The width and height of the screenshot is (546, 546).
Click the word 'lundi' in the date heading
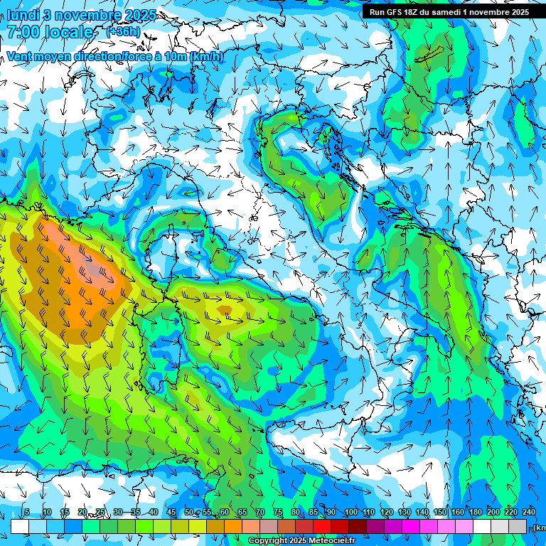coord(23,14)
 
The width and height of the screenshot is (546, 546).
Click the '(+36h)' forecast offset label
coord(122,32)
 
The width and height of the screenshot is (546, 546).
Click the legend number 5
coord(27,513)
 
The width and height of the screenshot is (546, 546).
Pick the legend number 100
coord(351,513)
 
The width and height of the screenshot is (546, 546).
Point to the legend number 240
coord(528,513)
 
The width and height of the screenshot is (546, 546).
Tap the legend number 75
coord(278,513)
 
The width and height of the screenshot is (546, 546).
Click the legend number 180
coord(475,513)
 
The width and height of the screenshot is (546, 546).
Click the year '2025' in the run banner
coord(515,12)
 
